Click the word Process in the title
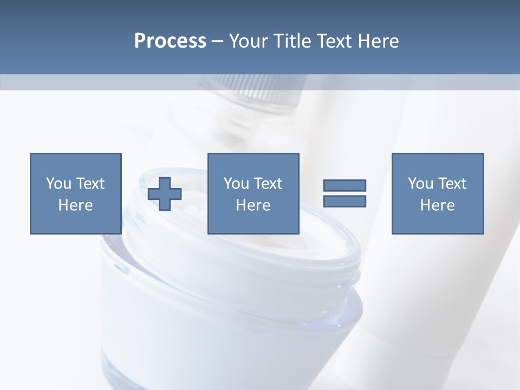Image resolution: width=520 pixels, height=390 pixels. click(170, 41)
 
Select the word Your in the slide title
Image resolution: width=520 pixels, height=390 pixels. click(246, 41)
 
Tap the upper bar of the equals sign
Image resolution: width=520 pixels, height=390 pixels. click(344, 185)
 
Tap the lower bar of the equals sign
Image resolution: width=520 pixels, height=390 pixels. click(344, 201)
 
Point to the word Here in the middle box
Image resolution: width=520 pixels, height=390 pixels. click(253, 205)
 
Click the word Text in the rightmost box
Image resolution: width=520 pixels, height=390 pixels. click(451, 184)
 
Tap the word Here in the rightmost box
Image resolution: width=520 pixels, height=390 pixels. click(437, 205)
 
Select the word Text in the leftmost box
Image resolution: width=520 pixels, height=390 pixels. click(89, 184)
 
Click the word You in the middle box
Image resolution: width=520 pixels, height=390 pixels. click(235, 184)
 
